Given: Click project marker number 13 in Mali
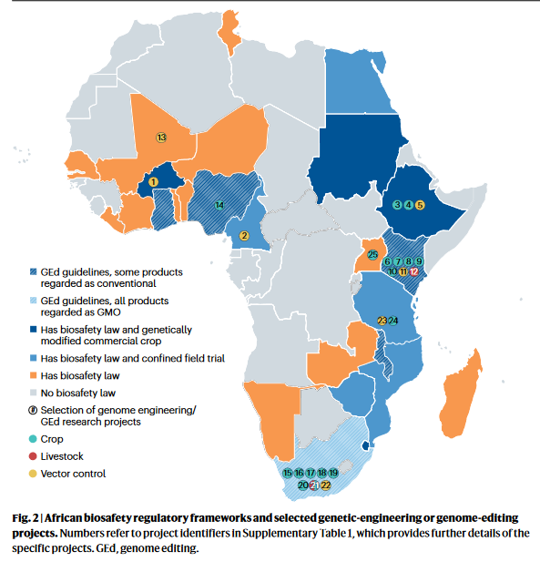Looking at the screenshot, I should [x=161, y=138].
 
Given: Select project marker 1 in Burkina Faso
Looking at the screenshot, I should [x=153, y=182].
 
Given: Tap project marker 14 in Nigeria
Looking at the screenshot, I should [x=219, y=205].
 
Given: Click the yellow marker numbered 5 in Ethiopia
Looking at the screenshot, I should [x=420, y=205].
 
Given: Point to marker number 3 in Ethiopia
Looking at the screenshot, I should [x=397, y=205].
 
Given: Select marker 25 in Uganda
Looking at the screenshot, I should [x=372, y=255].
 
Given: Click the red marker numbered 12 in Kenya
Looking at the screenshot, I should [x=414, y=271].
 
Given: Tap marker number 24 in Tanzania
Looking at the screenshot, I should [x=393, y=321].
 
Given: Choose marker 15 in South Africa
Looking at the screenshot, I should [x=288, y=473].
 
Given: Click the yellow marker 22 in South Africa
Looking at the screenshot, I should [x=326, y=485].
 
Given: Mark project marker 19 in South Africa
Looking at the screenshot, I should [x=333, y=473].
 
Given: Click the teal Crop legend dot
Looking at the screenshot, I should [x=34, y=438].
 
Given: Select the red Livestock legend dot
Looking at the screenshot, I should [x=34, y=455].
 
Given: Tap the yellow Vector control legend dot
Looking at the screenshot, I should [x=34, y=473].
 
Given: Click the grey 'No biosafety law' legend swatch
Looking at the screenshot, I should [x=34, y=393].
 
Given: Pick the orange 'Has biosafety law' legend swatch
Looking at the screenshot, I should [x=34, y=375].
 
